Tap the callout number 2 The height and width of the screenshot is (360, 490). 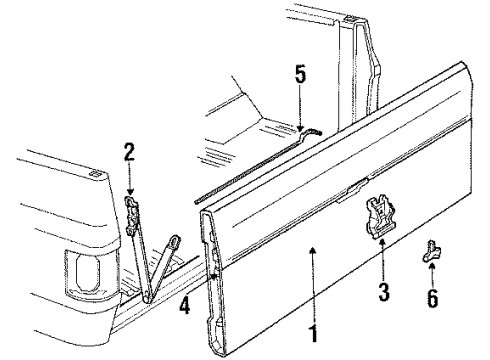(128, 153)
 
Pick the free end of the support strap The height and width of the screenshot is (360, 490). (177, 242)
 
